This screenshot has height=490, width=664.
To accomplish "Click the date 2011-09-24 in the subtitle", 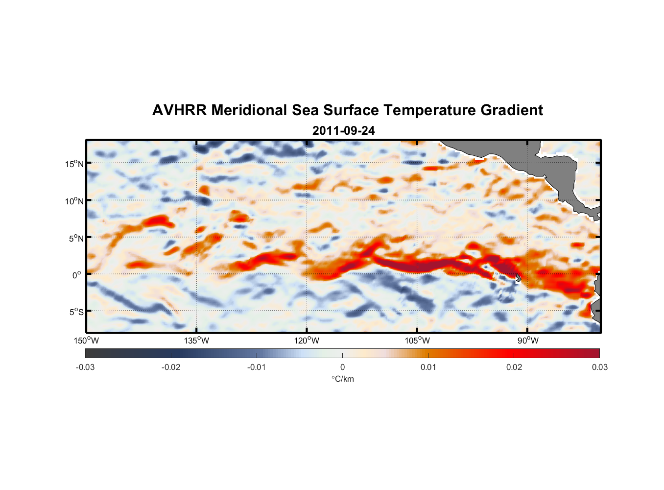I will coord(343,131).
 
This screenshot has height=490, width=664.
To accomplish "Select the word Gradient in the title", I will coord(512,110).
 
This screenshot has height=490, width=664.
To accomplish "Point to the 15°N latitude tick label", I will coord(74,164).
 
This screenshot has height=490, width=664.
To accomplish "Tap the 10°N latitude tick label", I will coord(74,201).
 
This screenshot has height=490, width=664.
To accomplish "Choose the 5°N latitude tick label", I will coord(76,238).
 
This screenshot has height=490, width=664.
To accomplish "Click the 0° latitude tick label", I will coord(77,275).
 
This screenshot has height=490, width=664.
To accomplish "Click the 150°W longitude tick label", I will coord(87,341).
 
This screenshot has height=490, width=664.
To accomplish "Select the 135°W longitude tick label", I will coord(197,341).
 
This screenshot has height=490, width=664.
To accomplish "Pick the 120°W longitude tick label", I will coord(307,341).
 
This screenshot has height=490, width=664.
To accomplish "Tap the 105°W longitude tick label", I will coord(417,341).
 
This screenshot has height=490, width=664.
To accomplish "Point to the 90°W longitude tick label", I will coord(528,341).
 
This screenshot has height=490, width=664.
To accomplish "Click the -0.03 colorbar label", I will coord(85,367).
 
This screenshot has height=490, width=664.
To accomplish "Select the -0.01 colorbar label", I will coord(257,367).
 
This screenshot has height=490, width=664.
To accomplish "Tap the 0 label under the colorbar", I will coord(342,367).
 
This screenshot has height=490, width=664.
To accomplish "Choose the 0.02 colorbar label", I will coord(514,367).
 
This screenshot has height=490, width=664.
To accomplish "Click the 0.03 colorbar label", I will coord(599,367).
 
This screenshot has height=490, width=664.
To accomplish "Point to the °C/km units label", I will coord(342,379).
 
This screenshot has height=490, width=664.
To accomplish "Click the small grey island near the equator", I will coord(518,278).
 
